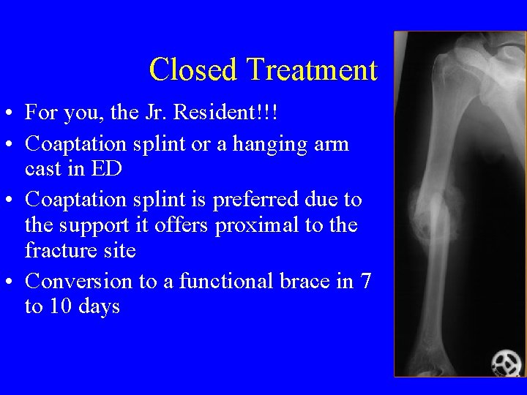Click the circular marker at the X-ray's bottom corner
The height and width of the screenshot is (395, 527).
[506, 362]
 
